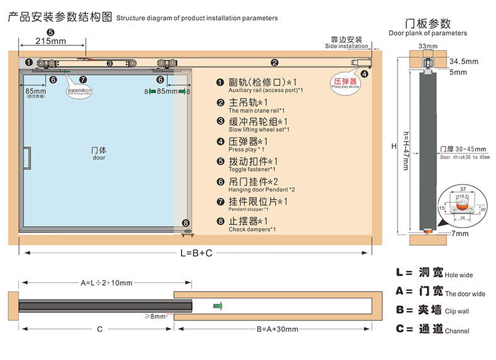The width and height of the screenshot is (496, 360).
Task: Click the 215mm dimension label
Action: point(50,41)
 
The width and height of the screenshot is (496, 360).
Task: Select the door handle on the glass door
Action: point(27,158)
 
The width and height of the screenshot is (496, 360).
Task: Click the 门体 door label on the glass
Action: point(99,151)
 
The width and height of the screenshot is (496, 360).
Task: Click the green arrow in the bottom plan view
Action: point(218,305)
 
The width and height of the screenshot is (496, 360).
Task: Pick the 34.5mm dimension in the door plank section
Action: point(464,61)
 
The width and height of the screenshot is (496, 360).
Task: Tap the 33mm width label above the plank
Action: point(428,46)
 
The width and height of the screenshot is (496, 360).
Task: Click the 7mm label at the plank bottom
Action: point(460,234)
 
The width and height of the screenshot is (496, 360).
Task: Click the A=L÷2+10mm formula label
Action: point(106,283)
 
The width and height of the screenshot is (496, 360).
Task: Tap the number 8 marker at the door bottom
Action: point(185,223)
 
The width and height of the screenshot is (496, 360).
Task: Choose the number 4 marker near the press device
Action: point(365,74)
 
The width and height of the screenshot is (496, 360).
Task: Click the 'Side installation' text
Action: point(347,46)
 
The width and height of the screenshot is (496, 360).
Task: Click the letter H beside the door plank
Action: point(394,146)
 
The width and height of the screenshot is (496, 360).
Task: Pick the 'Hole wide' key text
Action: point(458,275)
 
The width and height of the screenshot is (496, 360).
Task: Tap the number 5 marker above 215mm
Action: point(50,31)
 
